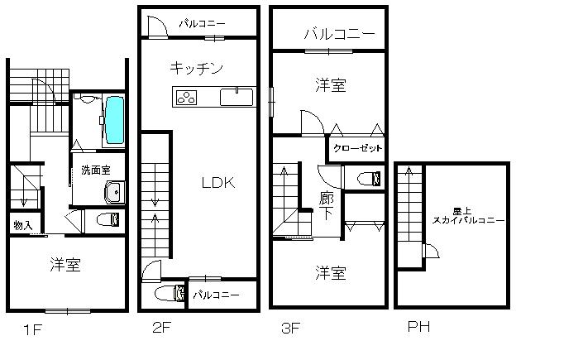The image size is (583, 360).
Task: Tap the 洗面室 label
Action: tap(95, 170)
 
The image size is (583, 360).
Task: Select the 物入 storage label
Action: tap(22, 225)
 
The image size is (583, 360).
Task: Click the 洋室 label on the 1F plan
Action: tap(65, 265)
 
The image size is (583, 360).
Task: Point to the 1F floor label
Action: tap(32, 331)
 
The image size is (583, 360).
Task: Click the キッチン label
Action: tap(197, 67)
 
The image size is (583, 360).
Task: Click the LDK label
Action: tap(219, 184)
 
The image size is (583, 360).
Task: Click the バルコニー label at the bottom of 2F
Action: tap(216, 294)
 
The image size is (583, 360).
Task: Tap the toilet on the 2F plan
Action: tap(169, 293)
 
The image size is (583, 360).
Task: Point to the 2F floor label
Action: tap(161, 328)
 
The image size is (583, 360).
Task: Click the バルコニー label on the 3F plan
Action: tap(339, 35)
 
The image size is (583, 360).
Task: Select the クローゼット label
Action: tap(358, 149)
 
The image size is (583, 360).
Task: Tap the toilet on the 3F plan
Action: tap(370, 177)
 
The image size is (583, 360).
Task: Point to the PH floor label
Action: tap(419, 328)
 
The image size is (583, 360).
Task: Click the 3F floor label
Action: tap(289, 328)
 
